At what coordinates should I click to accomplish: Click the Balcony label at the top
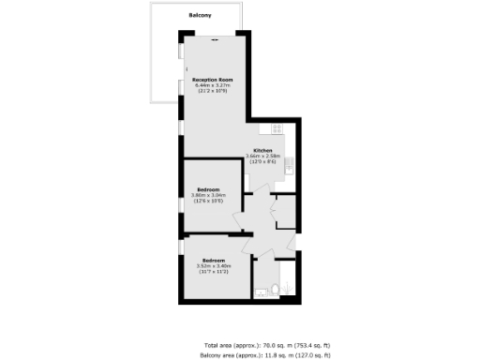199,15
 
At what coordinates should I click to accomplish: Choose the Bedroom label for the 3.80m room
208,189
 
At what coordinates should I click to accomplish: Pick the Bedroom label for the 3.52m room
213,260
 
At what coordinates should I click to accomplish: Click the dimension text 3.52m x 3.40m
213,265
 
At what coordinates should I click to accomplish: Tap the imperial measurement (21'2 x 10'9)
211,92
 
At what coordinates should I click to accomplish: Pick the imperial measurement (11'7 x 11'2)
213,271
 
